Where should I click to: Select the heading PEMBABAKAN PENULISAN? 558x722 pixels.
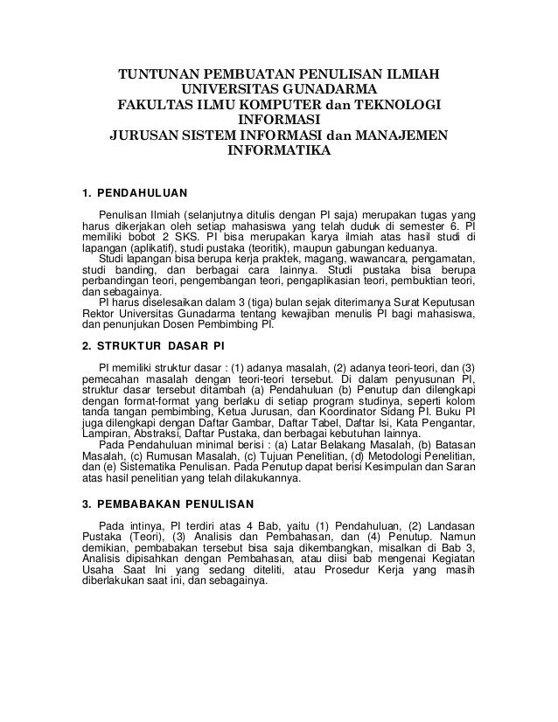click(x=175, y=504)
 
